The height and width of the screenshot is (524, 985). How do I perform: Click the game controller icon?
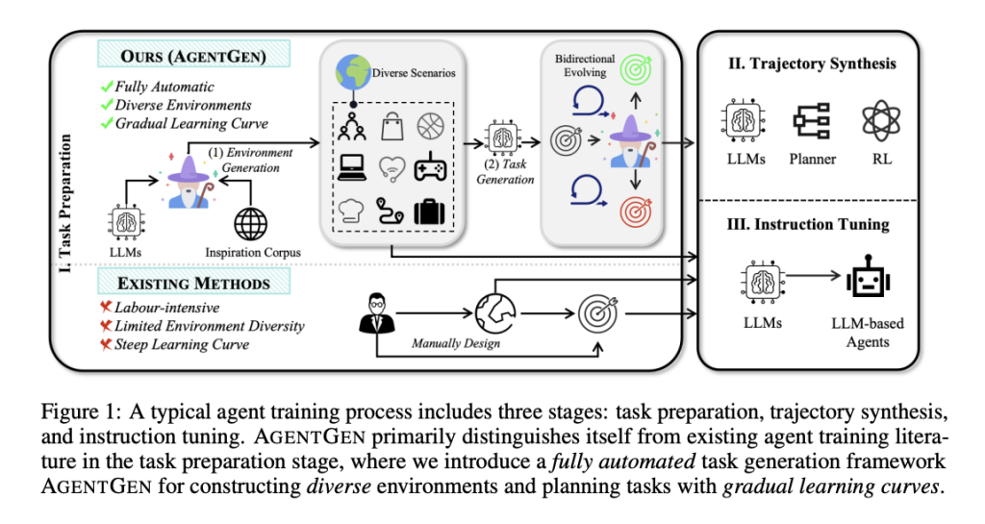point(430,167)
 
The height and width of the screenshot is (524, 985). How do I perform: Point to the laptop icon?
point(353,168)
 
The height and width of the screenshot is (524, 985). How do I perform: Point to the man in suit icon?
point(376,310)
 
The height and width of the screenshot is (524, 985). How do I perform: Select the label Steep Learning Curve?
point(181,344)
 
